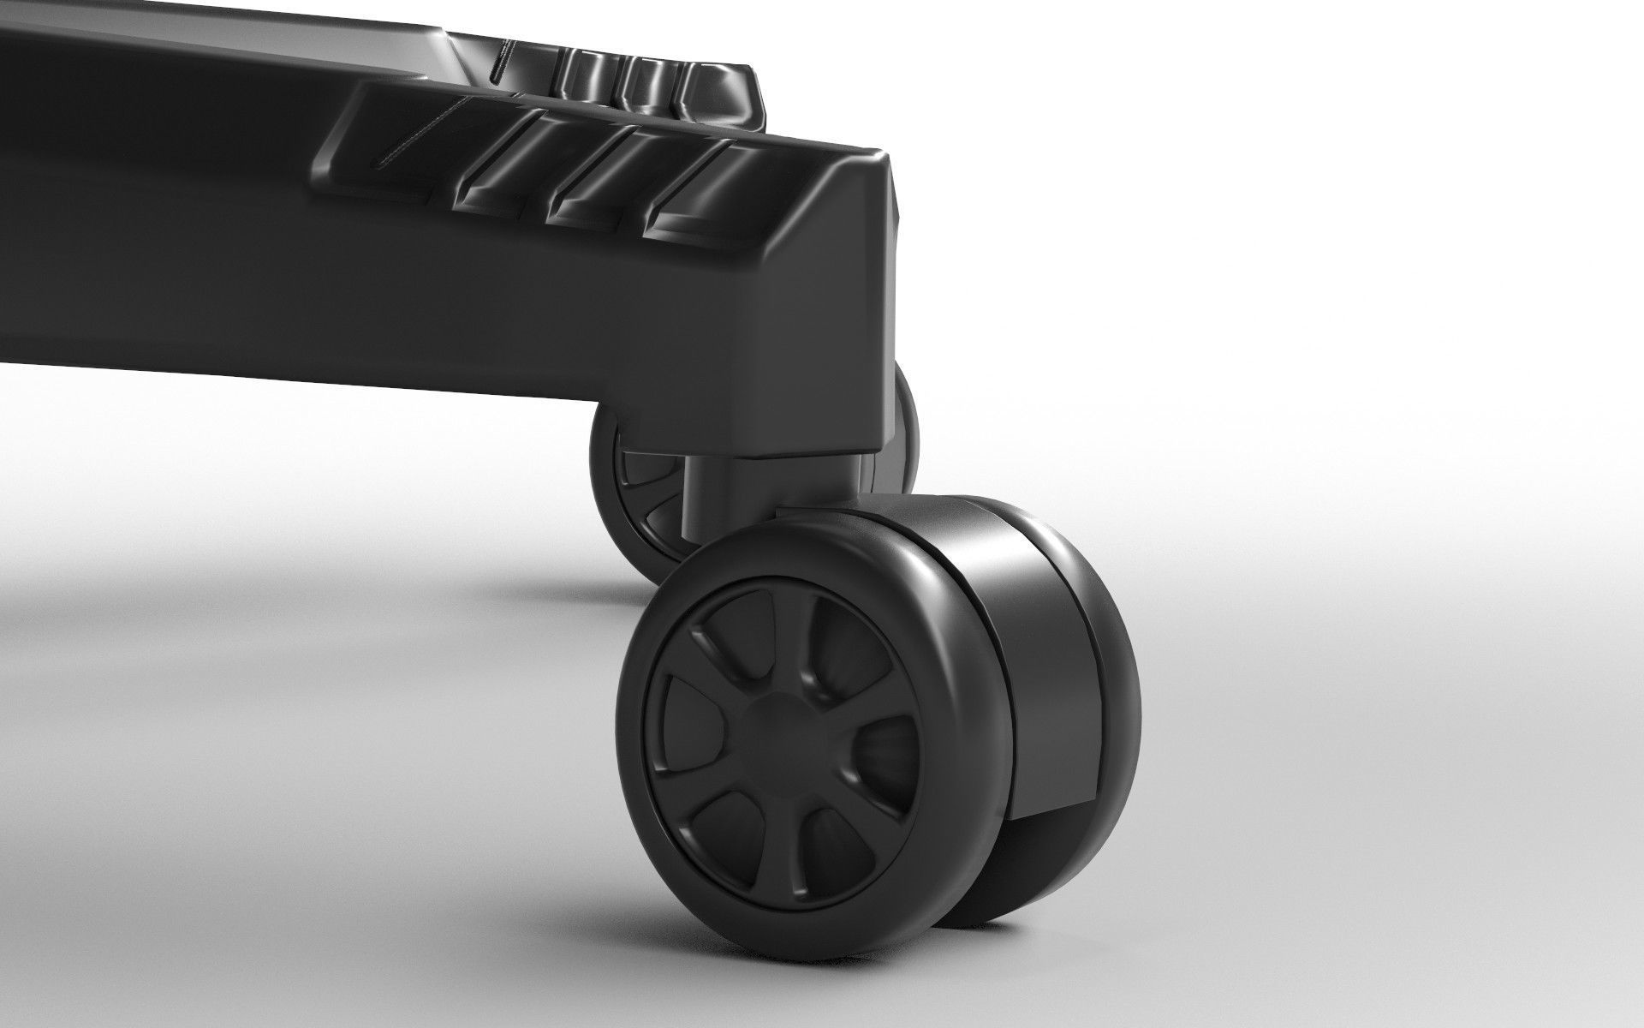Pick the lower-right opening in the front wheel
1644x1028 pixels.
843,844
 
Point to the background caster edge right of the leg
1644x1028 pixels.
903,428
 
